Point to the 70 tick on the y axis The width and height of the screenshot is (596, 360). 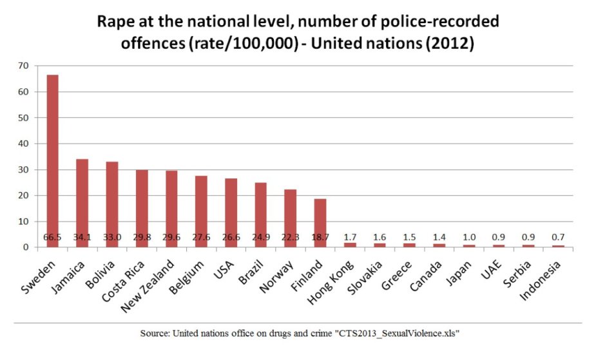pyautogui.click(x=24, y=66)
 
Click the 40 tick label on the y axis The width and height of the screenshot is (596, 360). pyautogui.click(x=24, y=144)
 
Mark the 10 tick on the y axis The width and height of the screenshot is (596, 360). pyautogui.click(x=24, y=222)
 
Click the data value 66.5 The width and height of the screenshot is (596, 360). pyautogui.click(x=52, y=238)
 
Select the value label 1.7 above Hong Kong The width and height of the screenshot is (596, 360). pyautogui.click(x=349, y=236)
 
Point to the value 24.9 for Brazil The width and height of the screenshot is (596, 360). pyautogui.click(x=260, y=238)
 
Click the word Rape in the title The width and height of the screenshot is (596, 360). pyautogui.click(x=117, y=21)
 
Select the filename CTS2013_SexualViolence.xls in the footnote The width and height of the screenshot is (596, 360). pyautogui.click(x=391, y=334)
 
